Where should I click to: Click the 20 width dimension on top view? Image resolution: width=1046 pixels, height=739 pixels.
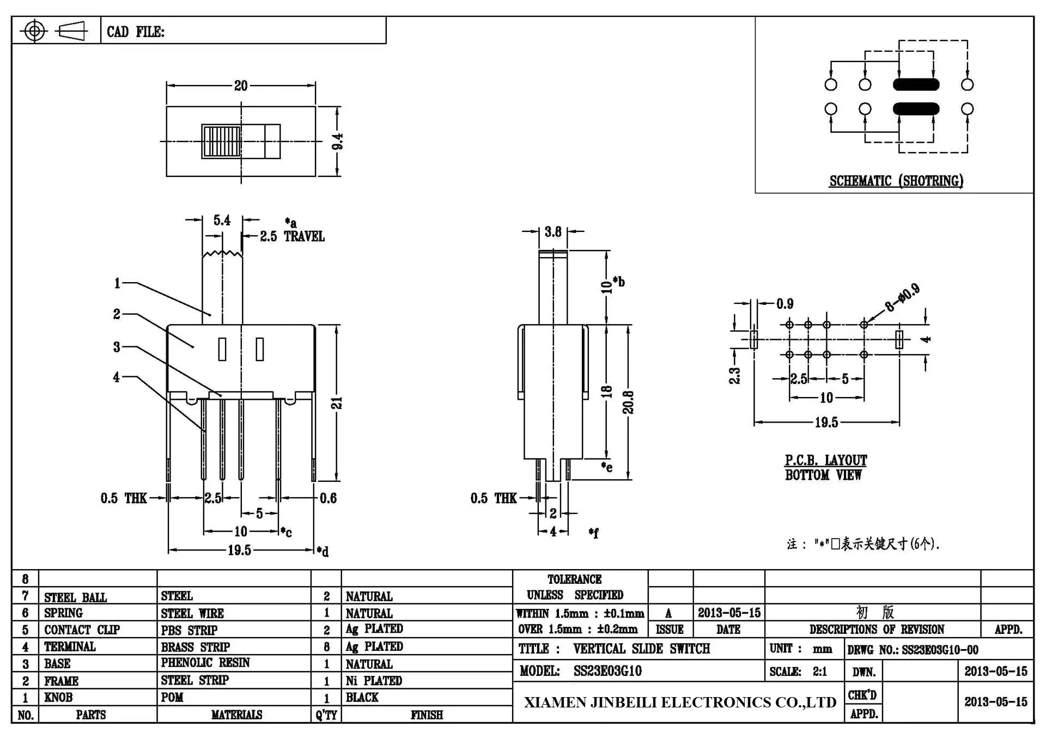[x=241, y=85]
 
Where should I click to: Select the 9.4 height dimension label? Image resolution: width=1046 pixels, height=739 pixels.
[x=338, y=142]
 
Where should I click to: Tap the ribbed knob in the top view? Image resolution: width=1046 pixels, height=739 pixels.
[x=222, y=142]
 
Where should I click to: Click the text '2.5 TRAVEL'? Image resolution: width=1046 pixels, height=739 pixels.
[x=292, y=236]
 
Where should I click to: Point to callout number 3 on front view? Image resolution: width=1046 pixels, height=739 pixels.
[x=117, y=347]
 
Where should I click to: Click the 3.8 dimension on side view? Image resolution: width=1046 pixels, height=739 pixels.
[x=552, y=232]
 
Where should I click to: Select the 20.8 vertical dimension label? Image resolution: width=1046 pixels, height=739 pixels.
[x=628, y=402]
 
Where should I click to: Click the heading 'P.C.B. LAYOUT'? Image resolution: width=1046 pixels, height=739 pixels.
[x=825, y=460]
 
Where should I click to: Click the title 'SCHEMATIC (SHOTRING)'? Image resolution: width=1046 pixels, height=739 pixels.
[x=896, y=181]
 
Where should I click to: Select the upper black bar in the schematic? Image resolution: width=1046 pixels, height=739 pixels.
[x=916, y=84]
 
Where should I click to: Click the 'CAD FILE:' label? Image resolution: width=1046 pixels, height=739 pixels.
[x=135, y=32]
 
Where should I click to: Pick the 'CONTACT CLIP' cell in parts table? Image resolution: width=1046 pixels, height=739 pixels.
[x=82, y=630]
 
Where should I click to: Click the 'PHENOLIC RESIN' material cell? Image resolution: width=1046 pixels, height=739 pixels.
[x=205, y=663]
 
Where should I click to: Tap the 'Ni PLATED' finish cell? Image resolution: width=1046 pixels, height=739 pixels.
[x=374, y=681]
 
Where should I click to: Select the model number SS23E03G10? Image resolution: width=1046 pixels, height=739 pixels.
[x=607, y=671]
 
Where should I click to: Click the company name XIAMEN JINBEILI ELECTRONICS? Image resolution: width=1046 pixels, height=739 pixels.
[x=680, y=703]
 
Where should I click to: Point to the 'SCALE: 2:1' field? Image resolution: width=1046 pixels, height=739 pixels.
[x=798, y=671]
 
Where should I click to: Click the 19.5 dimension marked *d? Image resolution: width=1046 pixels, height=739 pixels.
[x=239, y=550]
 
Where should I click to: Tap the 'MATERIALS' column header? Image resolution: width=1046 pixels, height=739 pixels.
[x=236, y=714]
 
